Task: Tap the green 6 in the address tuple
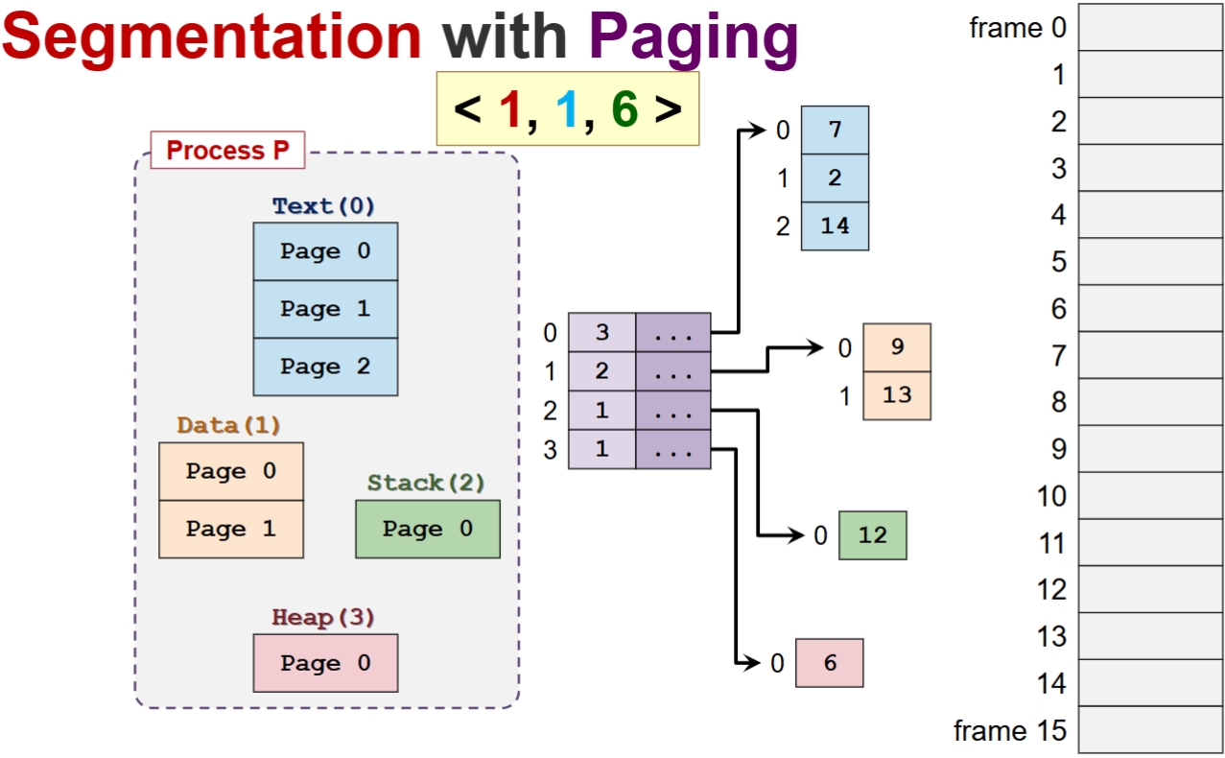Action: click(624, 109)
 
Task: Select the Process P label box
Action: click(227, 151)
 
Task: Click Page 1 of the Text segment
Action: click(325, 309)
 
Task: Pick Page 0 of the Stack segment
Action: click(427, 529)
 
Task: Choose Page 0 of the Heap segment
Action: click(325, 663)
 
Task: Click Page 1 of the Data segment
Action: click(230, 529)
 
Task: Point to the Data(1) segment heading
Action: click(228, 425)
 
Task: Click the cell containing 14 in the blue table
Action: click(835, 225)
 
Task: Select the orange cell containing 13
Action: click(897, 395)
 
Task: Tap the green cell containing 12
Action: click(872, 535)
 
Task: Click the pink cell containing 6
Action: click(830, 663)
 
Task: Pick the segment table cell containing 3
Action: click(602, 333)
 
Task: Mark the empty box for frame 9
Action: click(1150, 449)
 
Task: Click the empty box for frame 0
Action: click(1150, 28)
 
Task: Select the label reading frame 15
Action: click(1009, 731)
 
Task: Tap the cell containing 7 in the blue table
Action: click(835, 130)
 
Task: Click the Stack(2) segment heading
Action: click(426, 483)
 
